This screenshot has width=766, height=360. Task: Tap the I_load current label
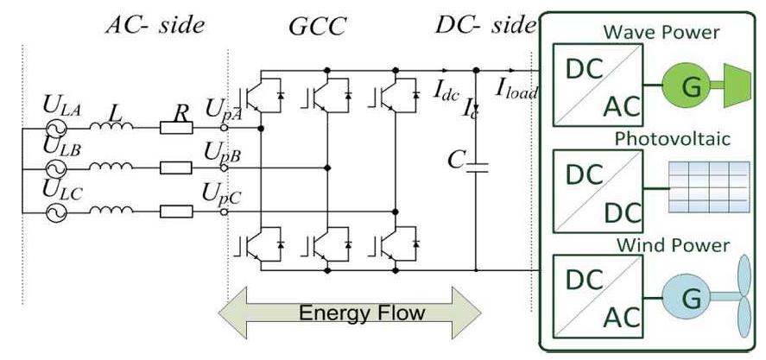pyautogui.click(x=516, y=85)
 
